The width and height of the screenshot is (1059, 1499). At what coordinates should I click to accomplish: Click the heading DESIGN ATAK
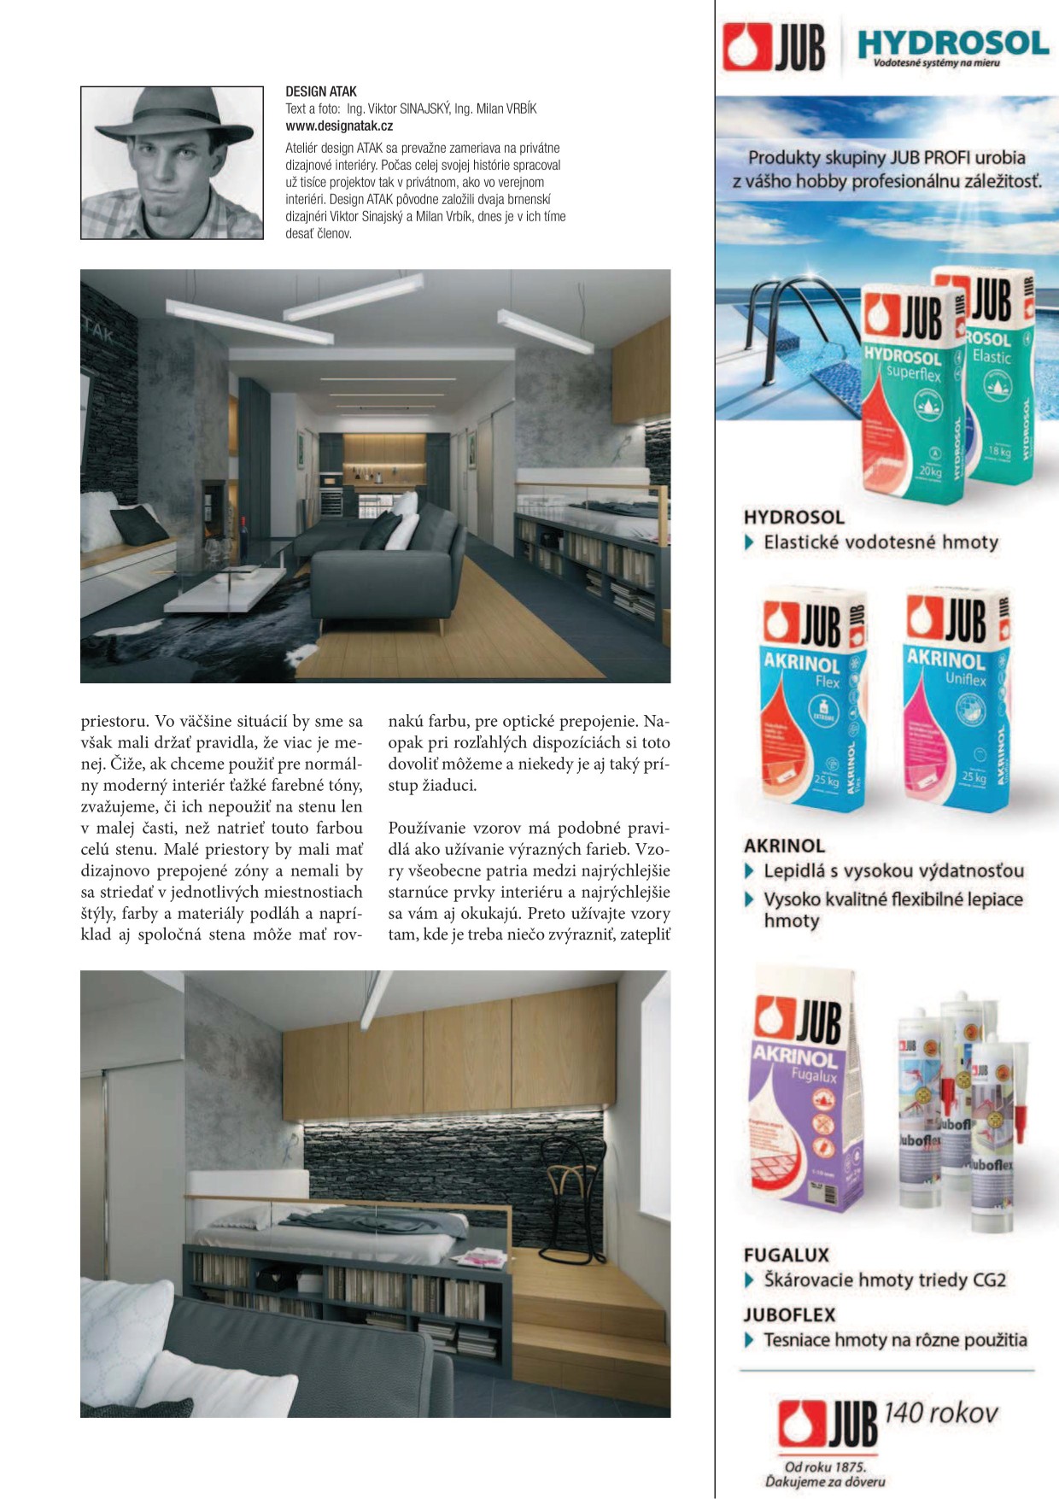pyautogui.click(x=321, y=91)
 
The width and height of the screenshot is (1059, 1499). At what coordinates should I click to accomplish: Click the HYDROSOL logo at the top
pyautogui.click(x=951, y=44)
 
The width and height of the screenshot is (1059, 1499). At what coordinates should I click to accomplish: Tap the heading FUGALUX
pyautogui.click(x=786, y=1255)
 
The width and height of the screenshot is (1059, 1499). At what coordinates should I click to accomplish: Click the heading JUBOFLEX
pyautogui.click(x=789, y=1315)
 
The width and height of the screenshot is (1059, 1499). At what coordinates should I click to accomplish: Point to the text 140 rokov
pyautogui.click(x=940, y=1413)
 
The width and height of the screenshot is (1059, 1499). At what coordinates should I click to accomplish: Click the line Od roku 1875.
pyautogui.click(x=825, y=1467)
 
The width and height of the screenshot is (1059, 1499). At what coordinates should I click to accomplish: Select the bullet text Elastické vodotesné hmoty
pyautogui.click(x=881, y=542)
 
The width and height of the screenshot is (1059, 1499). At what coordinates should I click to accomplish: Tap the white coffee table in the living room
pyautogui.click(x=226, y=588)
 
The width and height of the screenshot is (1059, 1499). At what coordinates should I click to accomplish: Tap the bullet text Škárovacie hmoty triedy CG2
pyautogui.click(x=885, y=1279)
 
